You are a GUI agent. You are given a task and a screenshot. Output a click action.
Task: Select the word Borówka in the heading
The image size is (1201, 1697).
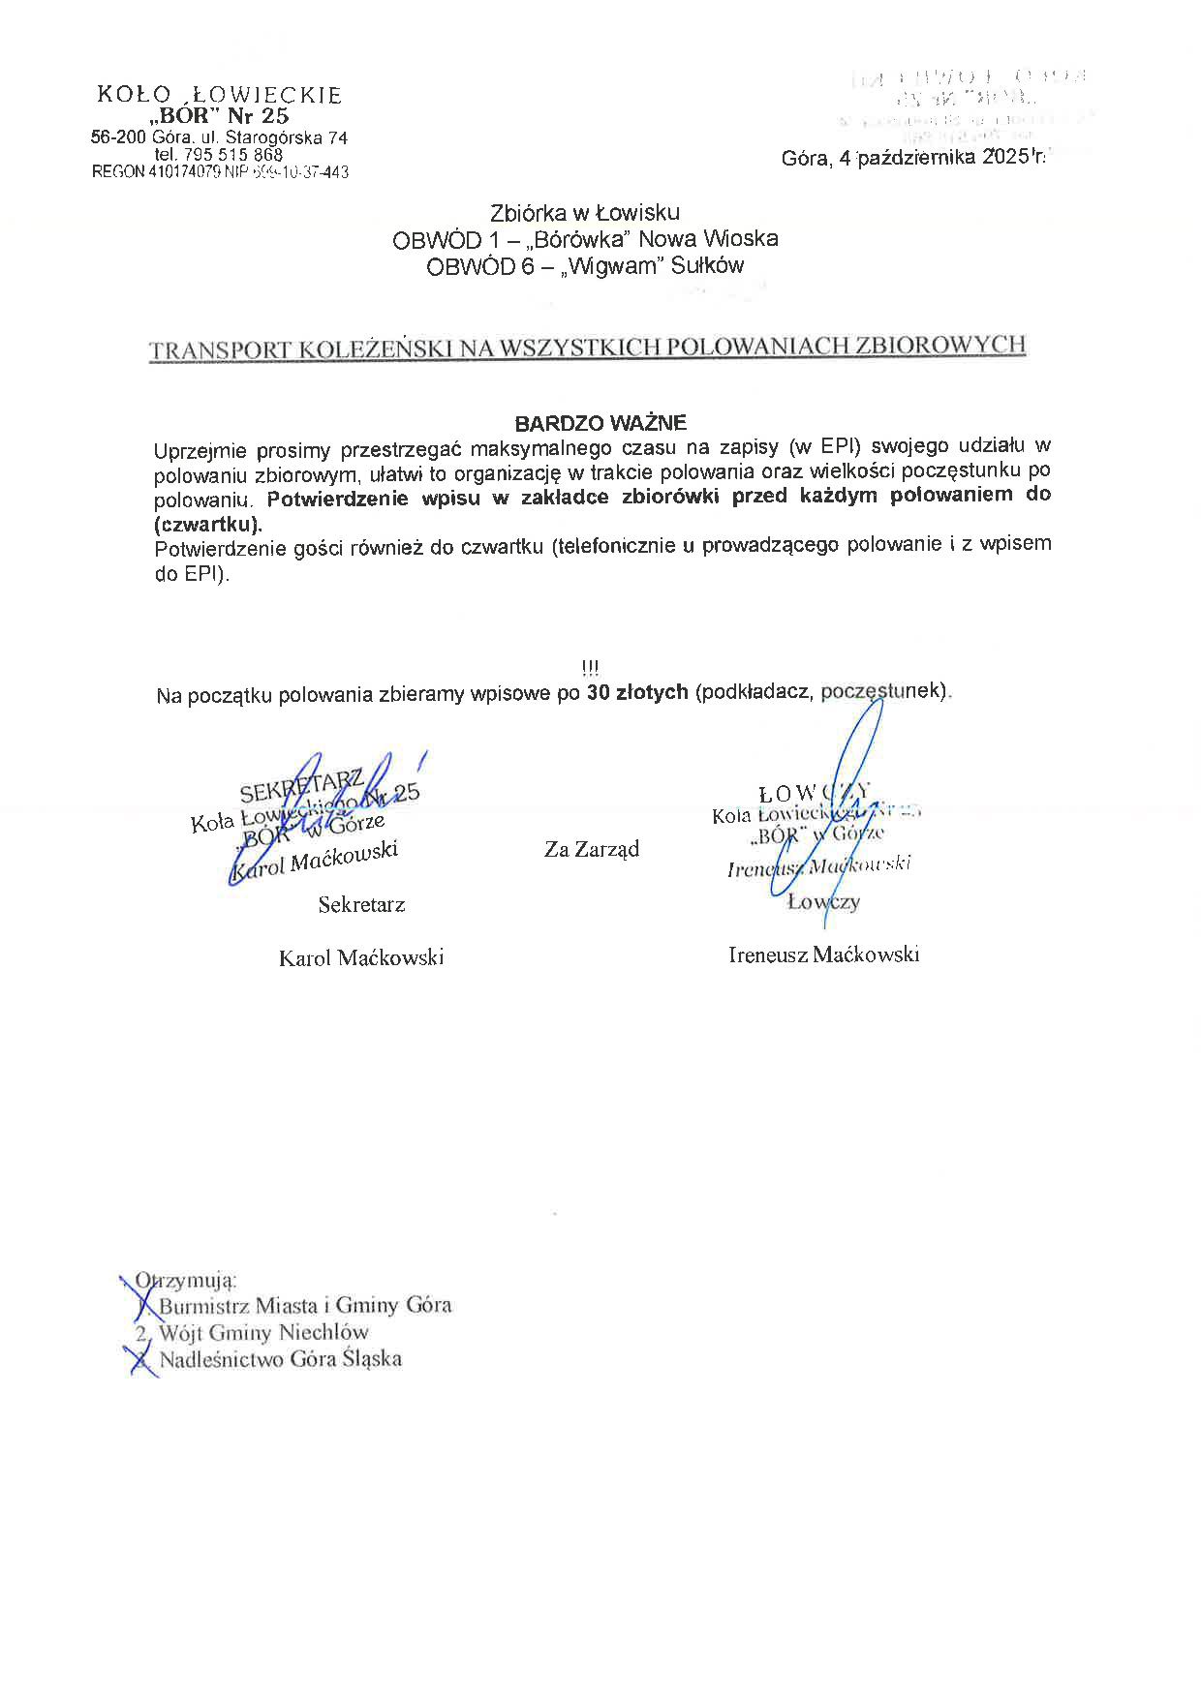pyautogui.click(x=571, y=238)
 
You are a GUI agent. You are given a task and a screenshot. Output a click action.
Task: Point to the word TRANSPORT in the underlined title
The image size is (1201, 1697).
pyautogui.click(x=218, y=349)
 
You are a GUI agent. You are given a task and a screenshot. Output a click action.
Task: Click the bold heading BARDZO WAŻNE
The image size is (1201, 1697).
pyautogui.click(x=600, y=423)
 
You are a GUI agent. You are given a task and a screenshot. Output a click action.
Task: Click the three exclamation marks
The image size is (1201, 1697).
pyautogui.click(x=591, y=668)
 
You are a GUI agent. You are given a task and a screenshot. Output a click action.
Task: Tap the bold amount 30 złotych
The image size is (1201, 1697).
pyautogui.click(x=637, y=692)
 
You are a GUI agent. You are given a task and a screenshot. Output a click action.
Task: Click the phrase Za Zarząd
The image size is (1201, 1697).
pyautogui.click(x=592, y=850)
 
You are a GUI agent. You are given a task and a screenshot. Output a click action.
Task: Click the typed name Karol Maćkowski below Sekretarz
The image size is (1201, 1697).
pyautogui.click(x=361, y=958)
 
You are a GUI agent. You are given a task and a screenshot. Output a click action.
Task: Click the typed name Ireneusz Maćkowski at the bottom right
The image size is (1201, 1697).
pyautogui.click(x=823, y=955)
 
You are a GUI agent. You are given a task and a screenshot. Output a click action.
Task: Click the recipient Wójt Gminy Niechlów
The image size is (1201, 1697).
pyautogui.click(x=263, y=1332)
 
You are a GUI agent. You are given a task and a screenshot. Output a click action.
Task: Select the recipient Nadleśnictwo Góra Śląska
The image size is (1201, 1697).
pyautogui.click(x=280, y=1359)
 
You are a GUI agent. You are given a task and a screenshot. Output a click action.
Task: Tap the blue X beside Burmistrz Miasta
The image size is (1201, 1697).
pyautogui.click(x=146, y=1306)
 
